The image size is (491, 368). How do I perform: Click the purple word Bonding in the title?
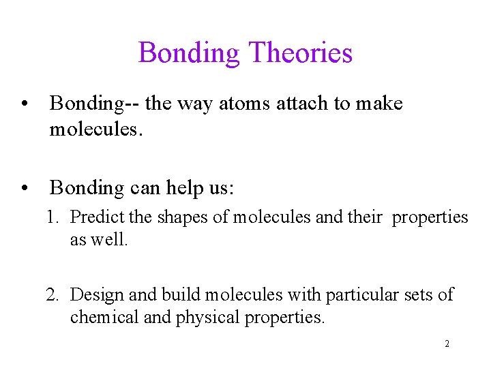coord(190,53)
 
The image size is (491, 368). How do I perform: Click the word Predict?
coord(93,217)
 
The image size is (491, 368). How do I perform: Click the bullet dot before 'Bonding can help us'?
coord(25,187)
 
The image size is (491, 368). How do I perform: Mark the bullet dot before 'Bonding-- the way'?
coord(25,104)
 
